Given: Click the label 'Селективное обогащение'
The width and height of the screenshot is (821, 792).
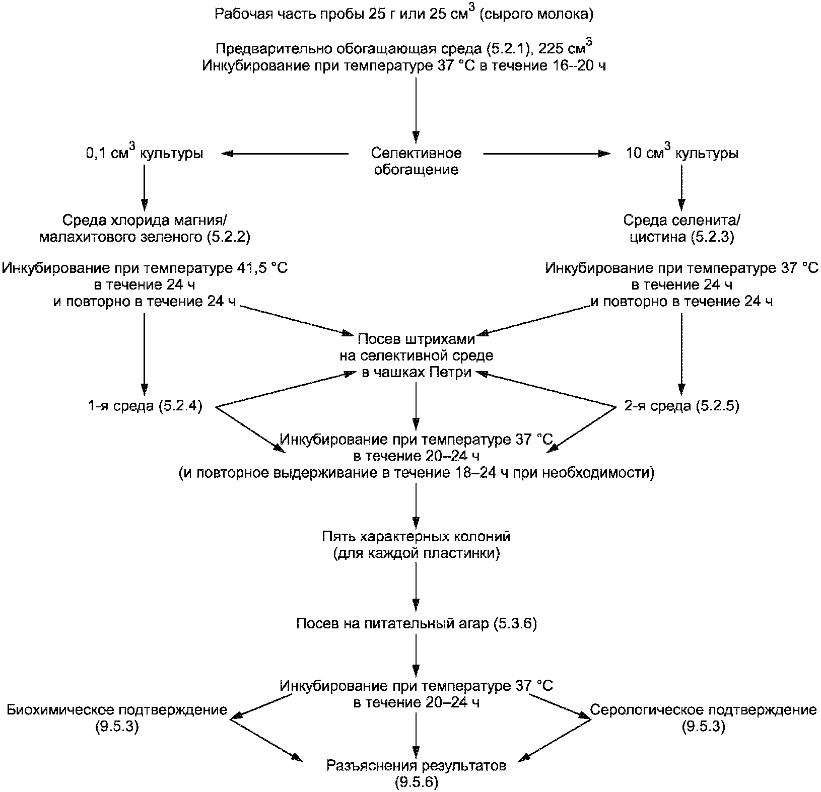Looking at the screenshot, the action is coord(416,161).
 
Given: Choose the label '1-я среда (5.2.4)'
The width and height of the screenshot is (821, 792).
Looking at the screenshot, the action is coord(145,406).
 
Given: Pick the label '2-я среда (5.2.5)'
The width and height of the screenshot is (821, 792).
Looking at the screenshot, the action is coord(681,406).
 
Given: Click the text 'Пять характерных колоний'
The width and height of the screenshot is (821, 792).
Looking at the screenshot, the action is coord(416,536).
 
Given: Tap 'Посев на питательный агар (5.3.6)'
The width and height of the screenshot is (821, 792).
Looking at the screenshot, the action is coord(416,624).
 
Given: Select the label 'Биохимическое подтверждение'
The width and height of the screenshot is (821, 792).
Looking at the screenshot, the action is coord(117,710).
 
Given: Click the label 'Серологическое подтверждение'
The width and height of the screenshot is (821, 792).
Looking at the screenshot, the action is coord(703,710).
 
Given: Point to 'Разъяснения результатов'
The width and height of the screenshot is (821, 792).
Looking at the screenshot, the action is coord(416,766).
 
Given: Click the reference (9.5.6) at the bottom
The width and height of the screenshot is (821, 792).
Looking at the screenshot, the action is coord(416,782).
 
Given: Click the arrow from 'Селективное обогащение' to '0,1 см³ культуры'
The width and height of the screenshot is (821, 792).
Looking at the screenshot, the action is coord(285,153).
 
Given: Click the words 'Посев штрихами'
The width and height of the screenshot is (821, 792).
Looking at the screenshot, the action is coord(416,339).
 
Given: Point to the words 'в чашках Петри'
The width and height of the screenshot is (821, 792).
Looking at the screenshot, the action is coord(416,373).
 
